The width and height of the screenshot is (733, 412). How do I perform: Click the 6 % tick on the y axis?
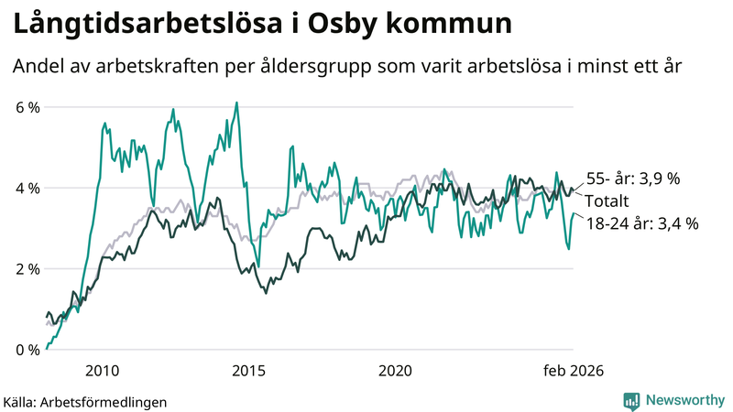coord(27,107)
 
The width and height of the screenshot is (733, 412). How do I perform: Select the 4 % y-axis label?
coord(27,188)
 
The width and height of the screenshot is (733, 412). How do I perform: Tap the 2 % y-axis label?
coord(27,268)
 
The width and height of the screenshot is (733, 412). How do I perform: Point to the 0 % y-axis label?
coord(27,349)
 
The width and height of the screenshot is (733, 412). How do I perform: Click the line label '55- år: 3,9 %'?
coord(633,179)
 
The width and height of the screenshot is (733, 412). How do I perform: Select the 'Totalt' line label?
coord(607,201)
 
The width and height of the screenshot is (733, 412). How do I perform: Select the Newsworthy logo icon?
coord(631,400)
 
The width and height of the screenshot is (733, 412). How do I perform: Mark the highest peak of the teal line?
coord(236,103)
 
